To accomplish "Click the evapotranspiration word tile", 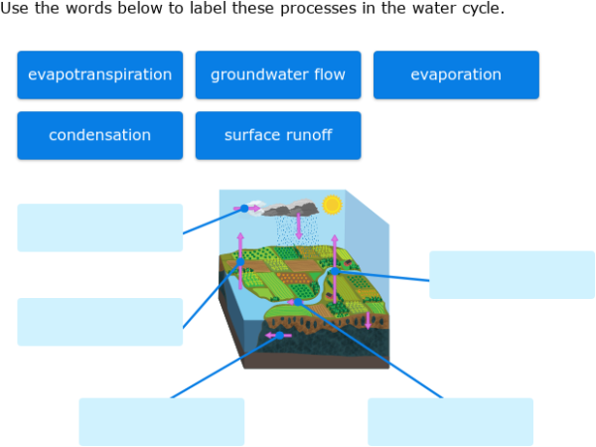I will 99,74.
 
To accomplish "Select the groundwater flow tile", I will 278,74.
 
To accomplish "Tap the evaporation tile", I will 456,74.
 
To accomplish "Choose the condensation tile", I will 99,135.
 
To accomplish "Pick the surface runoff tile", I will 278,135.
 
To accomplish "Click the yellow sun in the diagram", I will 332,205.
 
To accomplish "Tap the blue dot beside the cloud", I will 244,209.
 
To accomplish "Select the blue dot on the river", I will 336,271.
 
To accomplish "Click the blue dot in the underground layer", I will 280,336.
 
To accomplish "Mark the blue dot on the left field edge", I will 240,262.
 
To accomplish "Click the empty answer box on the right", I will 512,274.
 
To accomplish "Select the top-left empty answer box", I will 99,227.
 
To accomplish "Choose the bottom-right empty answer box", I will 450,421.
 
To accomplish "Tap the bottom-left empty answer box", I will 161,421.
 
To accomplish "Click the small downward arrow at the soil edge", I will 368,320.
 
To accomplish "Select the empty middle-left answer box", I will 99,322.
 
